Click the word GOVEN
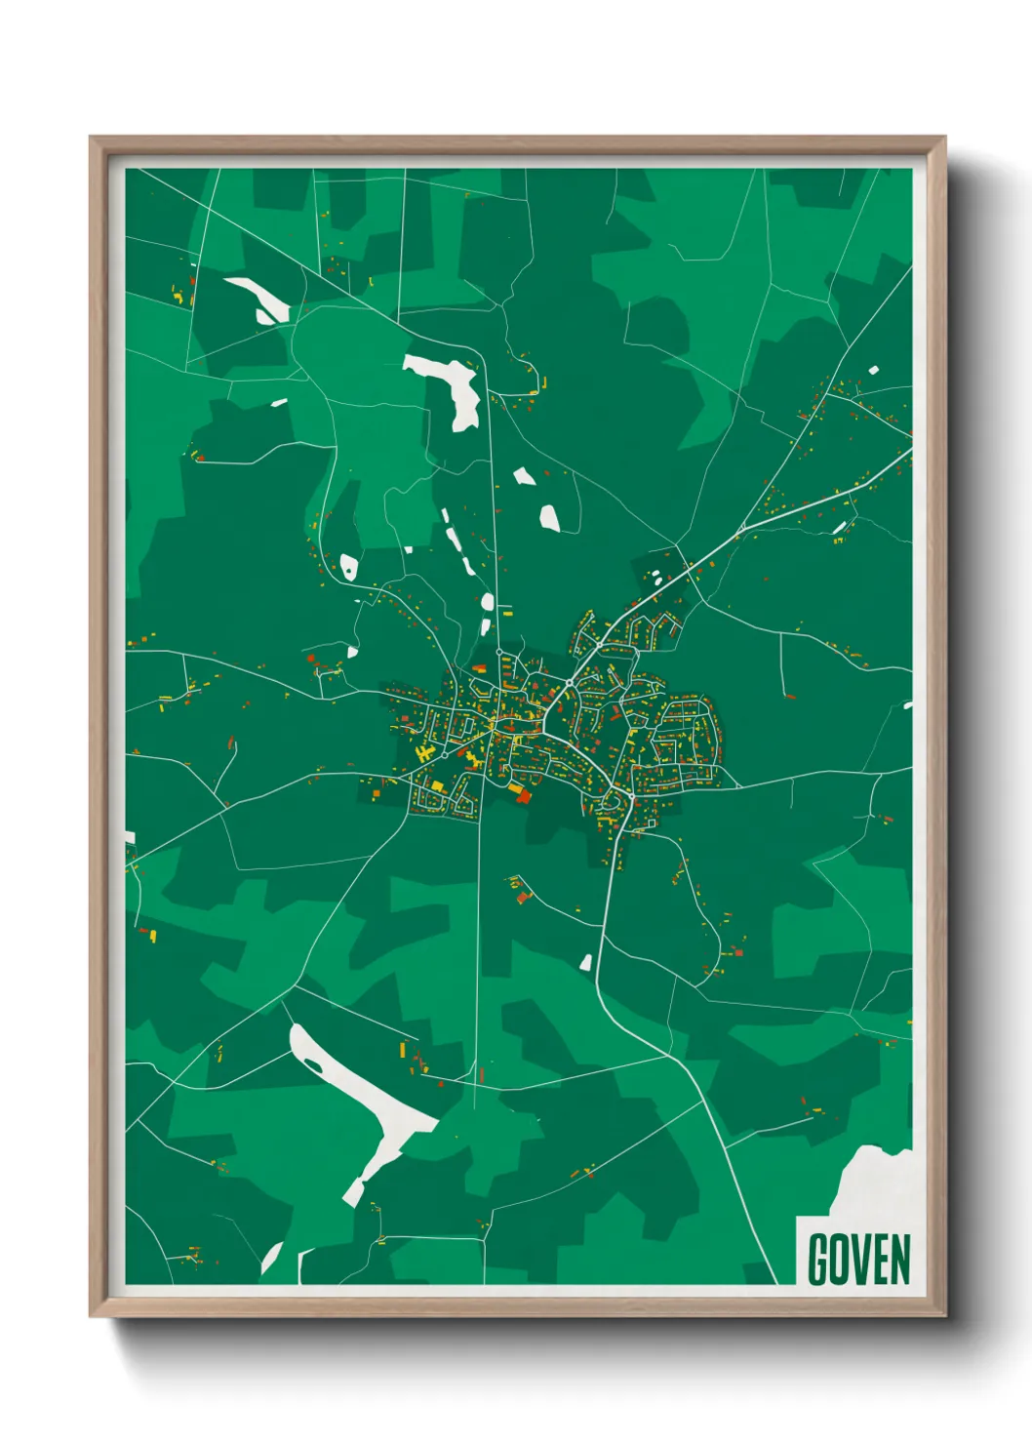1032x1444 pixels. (858, 1260)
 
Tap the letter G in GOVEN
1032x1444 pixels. (818, 1260)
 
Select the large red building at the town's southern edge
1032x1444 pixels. (524, 796)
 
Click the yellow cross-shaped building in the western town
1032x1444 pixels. (425, 753)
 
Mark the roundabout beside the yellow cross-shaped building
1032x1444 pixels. (445, 754)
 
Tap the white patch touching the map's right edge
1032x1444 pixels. (908, 704)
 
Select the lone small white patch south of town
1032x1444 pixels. (586, 963)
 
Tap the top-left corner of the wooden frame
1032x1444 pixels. (91, 138)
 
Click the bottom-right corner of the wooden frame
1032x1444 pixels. (944, 1316)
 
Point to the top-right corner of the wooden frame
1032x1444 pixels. (944, 138)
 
